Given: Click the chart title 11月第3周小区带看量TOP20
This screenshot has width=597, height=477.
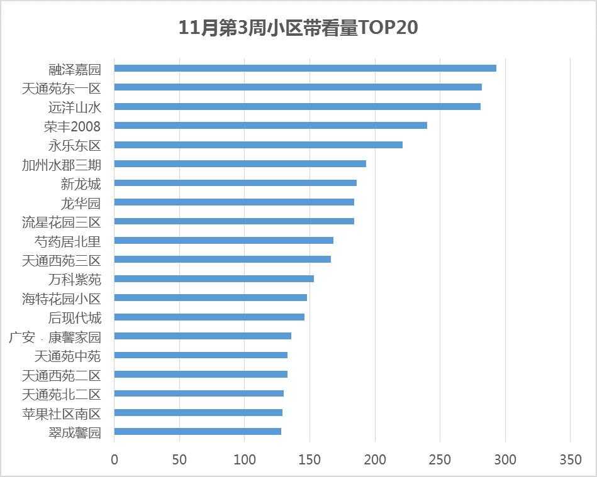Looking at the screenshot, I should [x=298, y=28].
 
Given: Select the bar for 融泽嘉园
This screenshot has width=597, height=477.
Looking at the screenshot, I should [x=305, y=68].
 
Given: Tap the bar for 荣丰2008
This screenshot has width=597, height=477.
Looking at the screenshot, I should [x=271, y=126].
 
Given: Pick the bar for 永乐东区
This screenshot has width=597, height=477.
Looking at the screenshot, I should [x=258, y=145].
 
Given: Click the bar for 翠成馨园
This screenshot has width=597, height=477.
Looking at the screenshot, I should [x=198, y=432].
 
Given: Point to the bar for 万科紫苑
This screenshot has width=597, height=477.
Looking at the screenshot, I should [x=214, y=279].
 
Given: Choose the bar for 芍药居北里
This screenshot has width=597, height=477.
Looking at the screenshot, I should [x=223, y=241].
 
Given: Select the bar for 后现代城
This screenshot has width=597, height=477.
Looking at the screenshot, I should [x=209, y=317].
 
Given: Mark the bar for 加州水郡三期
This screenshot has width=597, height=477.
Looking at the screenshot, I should [x=240, y=164].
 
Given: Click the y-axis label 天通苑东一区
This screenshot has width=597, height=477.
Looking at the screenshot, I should [x=61, y=88].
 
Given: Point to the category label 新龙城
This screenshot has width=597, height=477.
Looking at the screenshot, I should [x=81, y=184].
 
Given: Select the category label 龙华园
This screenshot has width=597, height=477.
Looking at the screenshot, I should [x=81, y=203].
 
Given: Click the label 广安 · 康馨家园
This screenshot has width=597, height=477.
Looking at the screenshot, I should [x=55, y=337].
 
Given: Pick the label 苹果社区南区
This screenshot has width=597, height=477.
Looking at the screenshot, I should [x=61, y=413].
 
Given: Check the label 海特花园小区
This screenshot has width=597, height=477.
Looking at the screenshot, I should [x=61, y=299].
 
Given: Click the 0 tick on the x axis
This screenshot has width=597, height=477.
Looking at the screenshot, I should [x=114, y=460].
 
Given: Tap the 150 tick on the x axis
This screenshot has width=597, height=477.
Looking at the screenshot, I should [x=309, y=460].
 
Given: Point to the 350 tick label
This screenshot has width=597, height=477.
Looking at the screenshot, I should [x=569, y=460].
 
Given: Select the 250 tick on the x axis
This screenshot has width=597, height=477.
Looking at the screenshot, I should [x=439, y=460].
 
